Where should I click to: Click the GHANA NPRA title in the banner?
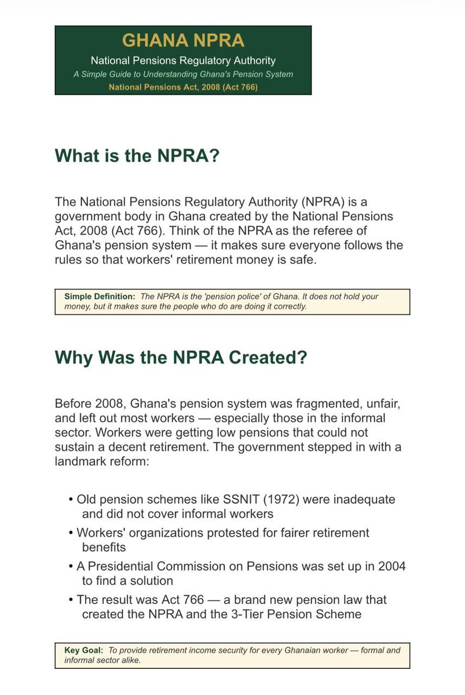click(183, 41)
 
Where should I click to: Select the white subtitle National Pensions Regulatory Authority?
click(183, 60)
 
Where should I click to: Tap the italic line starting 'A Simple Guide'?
click(183, 74)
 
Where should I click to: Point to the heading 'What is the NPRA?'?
click(137, 157)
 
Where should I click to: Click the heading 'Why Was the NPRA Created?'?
click(181, 357)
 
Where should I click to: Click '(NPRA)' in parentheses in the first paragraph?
click(324, 202)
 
